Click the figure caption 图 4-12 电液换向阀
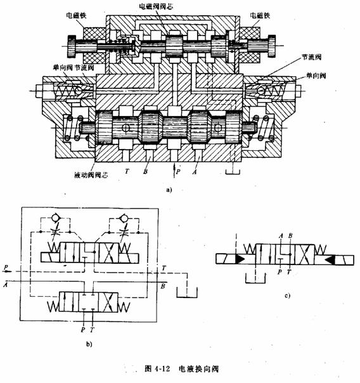pos(181,368)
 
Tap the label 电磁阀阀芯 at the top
pos(156,6)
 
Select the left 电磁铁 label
pos(77,16)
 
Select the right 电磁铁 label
pos(260,16)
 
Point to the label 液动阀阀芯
pos(91,175)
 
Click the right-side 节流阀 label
pos(311,57)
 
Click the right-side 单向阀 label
pos(316,75)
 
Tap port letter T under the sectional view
pos(127,171)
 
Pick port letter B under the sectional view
pos(146,171)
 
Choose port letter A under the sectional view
pos(195,172)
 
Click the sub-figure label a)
pos(169,190)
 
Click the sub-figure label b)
pos(89,344)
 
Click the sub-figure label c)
pos(288,295)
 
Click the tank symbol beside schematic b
pos(187,293)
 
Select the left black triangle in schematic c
pos(240,259)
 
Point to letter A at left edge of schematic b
pos(5,285)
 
